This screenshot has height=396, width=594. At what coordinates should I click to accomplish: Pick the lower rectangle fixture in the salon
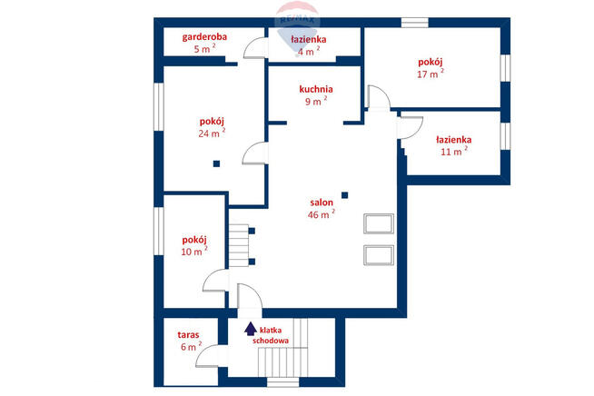point(377,253)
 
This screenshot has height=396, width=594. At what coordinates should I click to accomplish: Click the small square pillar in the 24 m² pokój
point(217,164)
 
